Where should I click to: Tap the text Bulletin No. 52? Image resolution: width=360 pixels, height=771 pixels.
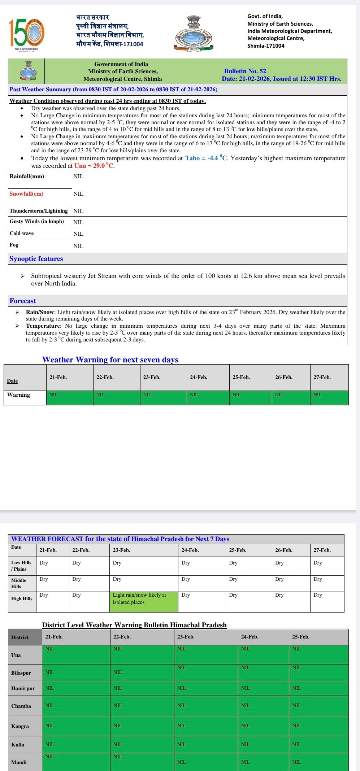click(245, 71)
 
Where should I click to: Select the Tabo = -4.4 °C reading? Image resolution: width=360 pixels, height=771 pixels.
click(206, 158)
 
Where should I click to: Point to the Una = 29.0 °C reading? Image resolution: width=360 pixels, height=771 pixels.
click(94, 166)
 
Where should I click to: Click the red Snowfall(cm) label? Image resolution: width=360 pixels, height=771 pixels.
click(26, 194)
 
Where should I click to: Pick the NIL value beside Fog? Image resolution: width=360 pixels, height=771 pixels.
click(78, 246)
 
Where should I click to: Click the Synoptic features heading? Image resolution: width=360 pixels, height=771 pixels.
click(36, 259)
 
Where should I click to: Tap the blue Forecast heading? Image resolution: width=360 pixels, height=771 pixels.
click(22, 301)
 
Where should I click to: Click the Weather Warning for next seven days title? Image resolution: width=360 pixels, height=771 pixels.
click(110, 360)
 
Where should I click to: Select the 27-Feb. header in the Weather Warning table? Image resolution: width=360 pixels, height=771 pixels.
click(322, 377)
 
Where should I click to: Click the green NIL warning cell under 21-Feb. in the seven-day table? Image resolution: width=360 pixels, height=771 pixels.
click(70, 397)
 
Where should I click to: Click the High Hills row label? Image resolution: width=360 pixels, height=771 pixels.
click(22, 598)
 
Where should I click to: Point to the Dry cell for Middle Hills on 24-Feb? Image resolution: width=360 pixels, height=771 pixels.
click(186, 579)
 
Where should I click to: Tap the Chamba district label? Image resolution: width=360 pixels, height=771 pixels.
click(21, 706)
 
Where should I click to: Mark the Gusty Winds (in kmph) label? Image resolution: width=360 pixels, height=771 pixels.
click(36, 221)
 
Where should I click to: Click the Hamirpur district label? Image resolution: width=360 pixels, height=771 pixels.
click(23, 688)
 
